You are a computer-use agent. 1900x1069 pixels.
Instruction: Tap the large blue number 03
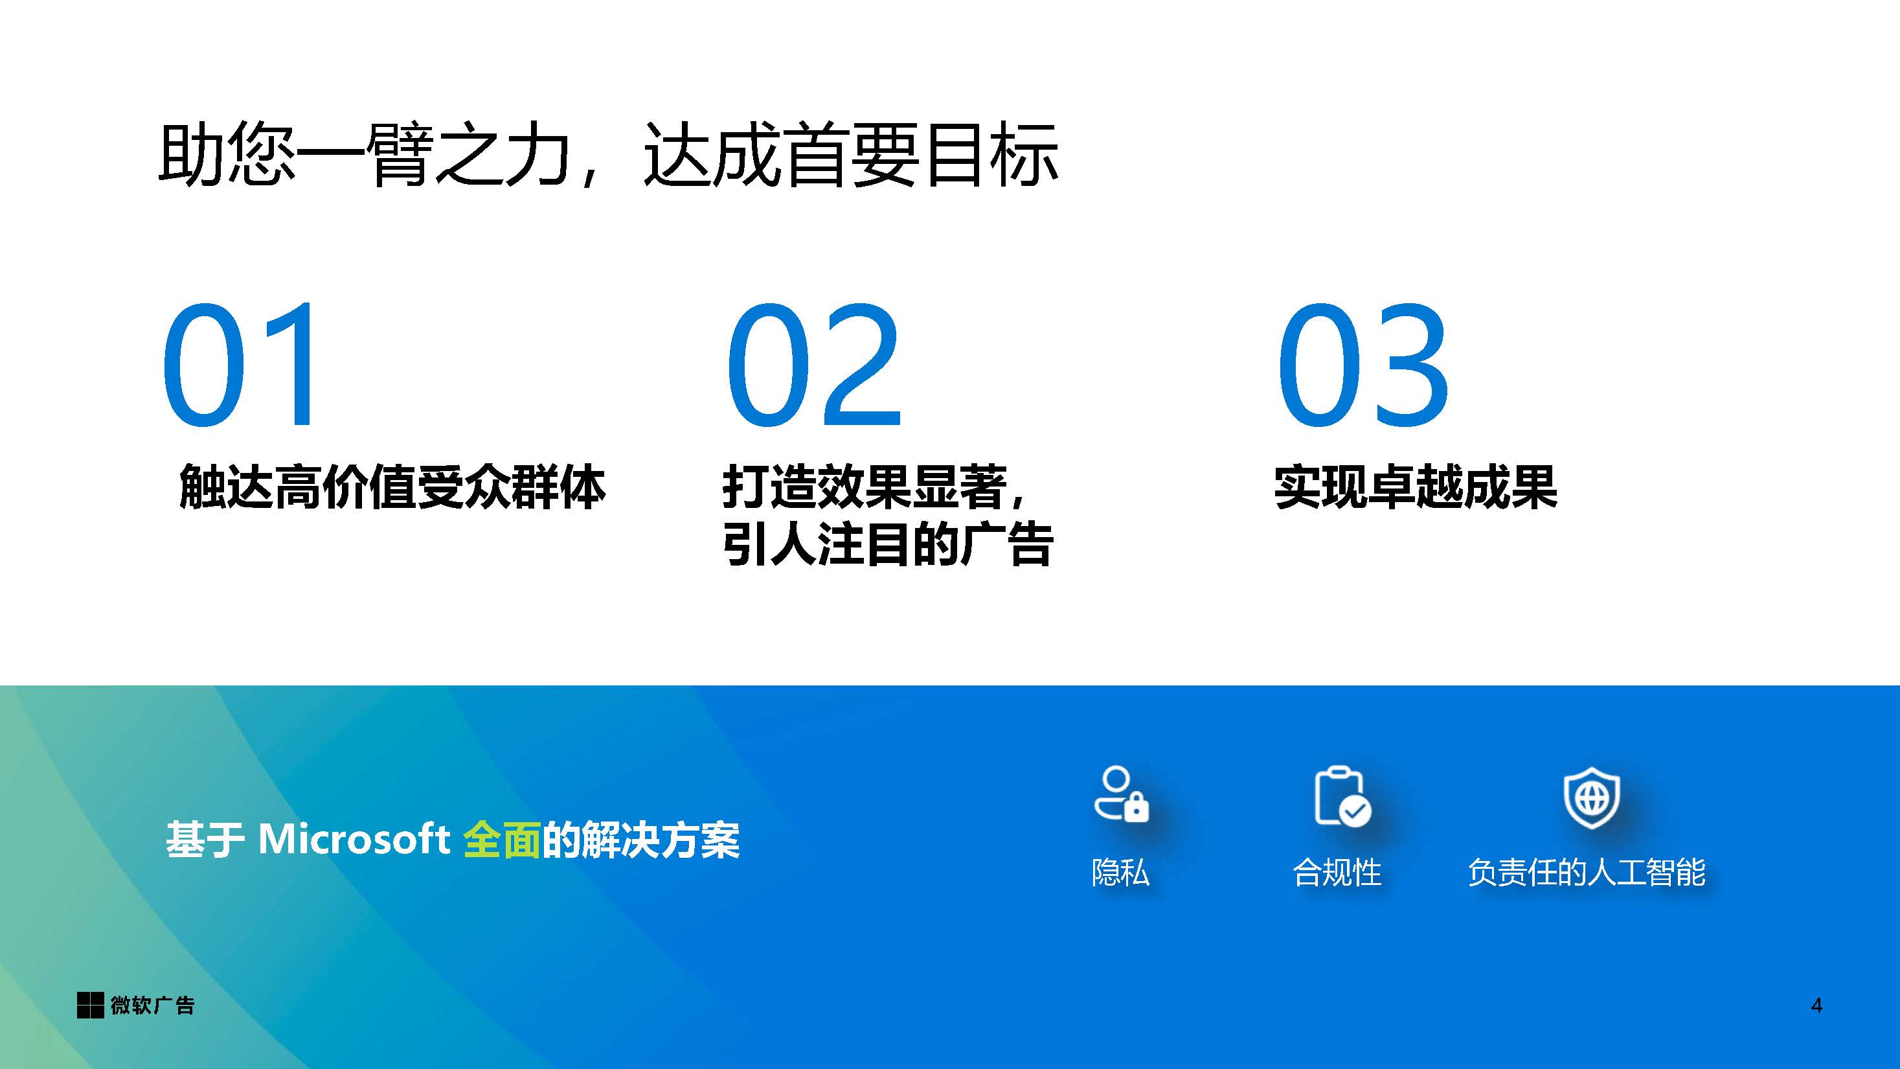[1364, 365]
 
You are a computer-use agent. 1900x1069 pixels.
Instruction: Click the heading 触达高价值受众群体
[392, 487]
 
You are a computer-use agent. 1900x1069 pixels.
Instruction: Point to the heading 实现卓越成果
[1416, 487]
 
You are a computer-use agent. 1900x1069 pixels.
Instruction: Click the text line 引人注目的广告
[887, 544]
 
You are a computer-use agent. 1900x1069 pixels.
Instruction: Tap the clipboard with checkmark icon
[1342, 797]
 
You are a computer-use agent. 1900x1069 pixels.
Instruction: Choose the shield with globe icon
[1592, 798]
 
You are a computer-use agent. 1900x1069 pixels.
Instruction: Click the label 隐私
[1120, 872]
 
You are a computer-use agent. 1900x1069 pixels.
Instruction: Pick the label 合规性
[1337, 872]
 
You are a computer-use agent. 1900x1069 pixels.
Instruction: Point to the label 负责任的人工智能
[1587, 872]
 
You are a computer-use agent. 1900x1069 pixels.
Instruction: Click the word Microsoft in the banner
[354, 839]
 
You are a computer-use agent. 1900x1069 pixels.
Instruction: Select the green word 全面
[503, 840]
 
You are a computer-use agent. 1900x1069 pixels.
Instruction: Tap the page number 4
[1816, 1006]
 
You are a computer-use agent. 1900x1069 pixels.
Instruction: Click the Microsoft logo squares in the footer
[90, 1006]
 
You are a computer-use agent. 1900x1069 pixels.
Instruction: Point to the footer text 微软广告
[153, 1006]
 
